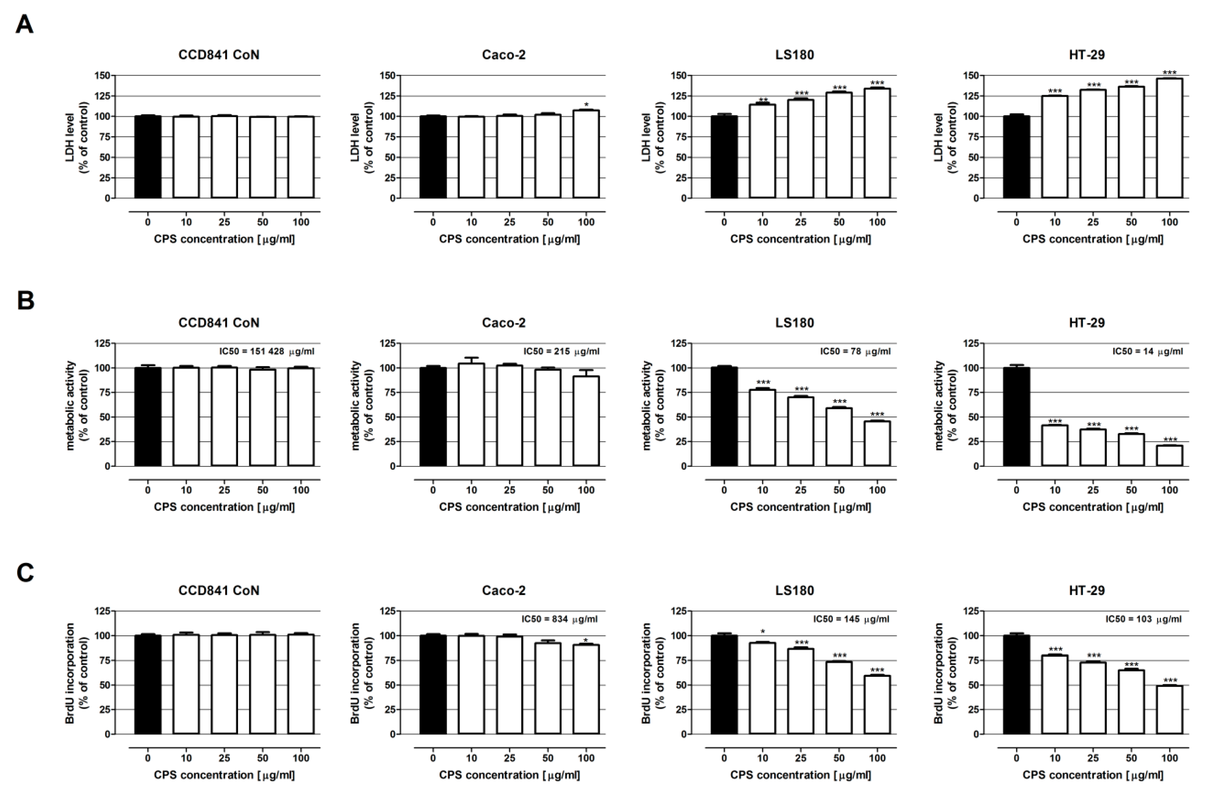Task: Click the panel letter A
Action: (x=24, y=24)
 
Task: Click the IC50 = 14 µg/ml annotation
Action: (x=1147, y=351)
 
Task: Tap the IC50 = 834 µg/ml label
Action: (x=560, y=619)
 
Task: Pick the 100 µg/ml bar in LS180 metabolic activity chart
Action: (x=877, y=443)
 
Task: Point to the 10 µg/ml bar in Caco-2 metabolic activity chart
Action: (x=471, y=414)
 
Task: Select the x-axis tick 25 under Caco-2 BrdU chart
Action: (x=509, y=758)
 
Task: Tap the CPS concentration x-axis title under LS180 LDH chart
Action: (x=801, y=239)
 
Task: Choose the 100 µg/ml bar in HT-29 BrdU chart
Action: (x=1169, y=709)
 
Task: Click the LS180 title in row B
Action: (x=795, y=323)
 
